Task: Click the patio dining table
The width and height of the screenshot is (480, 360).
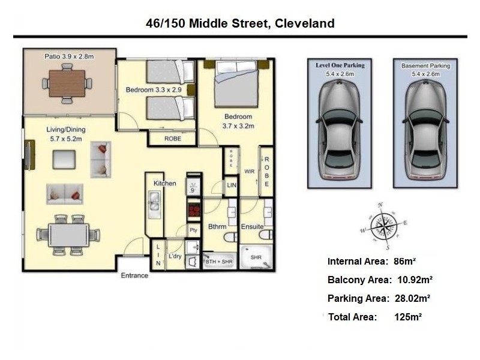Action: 67,83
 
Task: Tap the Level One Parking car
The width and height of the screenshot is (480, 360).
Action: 339,131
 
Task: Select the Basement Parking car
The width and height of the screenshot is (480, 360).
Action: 425,131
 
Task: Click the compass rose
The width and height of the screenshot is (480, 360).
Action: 384,226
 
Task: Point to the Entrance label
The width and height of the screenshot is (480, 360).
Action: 134,275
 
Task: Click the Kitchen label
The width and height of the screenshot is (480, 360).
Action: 164,184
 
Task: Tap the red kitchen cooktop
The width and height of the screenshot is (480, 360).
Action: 194,209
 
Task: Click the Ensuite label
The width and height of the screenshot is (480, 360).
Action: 252,227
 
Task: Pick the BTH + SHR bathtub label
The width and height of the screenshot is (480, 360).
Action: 219,262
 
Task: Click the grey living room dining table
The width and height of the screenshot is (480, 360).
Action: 68,235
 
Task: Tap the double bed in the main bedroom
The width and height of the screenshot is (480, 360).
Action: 236,83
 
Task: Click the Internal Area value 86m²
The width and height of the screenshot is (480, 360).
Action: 404,262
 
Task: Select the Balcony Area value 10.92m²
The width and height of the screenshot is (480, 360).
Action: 415,280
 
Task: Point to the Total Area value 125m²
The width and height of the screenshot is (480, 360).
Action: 408,317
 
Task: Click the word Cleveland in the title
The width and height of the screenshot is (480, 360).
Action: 305,23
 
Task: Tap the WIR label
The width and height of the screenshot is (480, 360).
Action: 249,172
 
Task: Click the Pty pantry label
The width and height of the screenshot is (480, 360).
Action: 193,230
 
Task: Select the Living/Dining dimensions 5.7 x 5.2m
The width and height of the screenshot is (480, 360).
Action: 66,139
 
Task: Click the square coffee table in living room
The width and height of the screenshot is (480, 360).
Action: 64,160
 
